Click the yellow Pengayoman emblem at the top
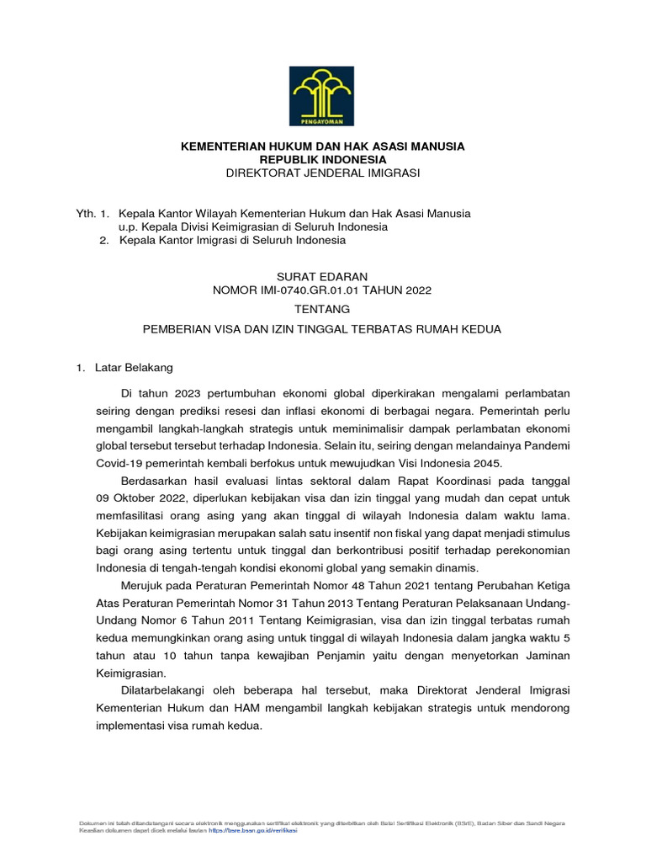(x=323, y=94)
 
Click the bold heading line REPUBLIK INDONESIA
(x=323, y=159)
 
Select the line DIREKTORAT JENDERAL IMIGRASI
(x=323, y=173)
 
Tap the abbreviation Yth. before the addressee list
(x=87, y=214)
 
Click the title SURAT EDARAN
(x=323, y=276)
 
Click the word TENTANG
(x=323, y=310)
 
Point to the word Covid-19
(x=120, y=463)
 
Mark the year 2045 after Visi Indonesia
(x=487, y=463)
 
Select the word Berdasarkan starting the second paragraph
(x=153, y=480)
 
